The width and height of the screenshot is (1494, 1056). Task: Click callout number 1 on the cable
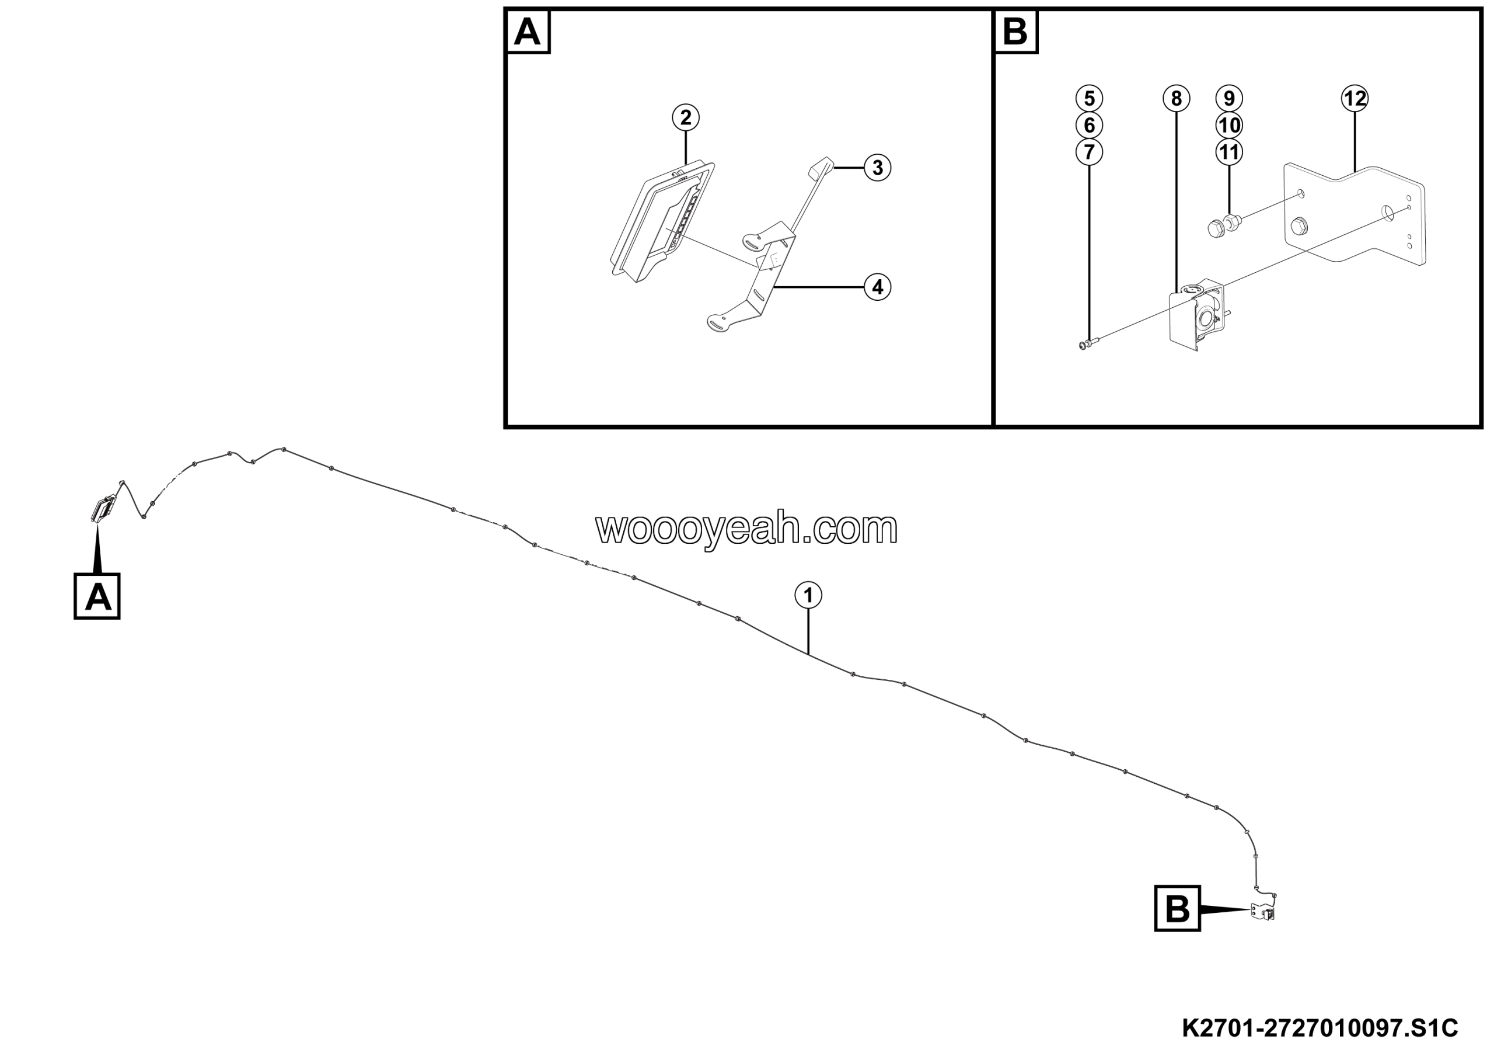[808, 595]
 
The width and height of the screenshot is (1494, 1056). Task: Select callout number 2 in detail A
[686, 118]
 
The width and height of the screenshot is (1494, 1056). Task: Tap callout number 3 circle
[877, 168]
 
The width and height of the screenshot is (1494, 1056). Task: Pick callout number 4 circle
[877, 287]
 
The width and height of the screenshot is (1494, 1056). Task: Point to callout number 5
[1089, 98]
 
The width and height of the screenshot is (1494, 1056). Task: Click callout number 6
[1089, 125]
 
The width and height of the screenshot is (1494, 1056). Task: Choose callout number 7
[1089, 152]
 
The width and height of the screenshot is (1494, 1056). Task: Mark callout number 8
[1177, 98]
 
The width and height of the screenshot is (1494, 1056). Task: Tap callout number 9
[1229, 98]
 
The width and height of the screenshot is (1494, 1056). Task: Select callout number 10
[1229, 125]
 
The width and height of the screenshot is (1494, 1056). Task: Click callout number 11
[1229, 152]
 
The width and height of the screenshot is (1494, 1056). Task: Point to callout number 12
[1355, 98]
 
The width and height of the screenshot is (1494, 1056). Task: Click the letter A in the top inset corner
[527, 32]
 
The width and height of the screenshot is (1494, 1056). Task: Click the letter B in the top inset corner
[1015, 32]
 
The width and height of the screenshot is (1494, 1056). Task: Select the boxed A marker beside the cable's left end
[97, 596]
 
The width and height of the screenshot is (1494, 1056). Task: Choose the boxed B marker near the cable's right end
[1177, 909]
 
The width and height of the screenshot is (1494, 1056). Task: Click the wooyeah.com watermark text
[746, 528]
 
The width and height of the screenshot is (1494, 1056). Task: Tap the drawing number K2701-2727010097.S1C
[1320, 1028]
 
